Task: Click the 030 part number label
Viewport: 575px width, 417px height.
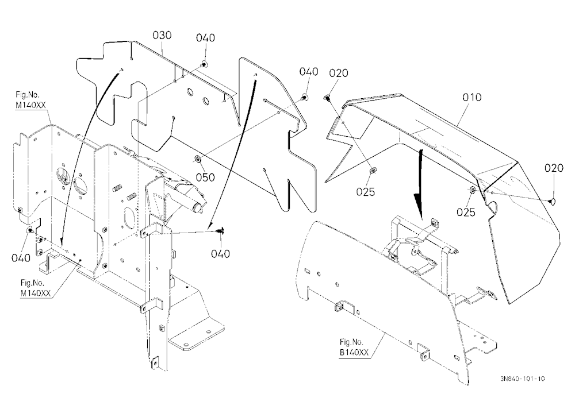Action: [162, 35]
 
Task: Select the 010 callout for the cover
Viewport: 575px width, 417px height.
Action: [472, 98]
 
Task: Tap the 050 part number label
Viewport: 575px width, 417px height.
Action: [205, 177]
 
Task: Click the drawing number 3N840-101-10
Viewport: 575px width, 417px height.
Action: [522, 379]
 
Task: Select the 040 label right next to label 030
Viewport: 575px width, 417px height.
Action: [205, 38]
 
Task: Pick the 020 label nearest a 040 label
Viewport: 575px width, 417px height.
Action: [339, 74]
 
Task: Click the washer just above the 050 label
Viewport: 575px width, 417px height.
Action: [197, 159]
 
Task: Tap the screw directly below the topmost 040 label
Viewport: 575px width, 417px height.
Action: [204, 65]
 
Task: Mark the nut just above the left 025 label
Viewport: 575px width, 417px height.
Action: [373, 170]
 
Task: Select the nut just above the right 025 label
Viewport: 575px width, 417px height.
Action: [472, 190]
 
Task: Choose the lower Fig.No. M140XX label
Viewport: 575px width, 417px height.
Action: [36, 288]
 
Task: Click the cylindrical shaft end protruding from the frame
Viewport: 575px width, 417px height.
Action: [198, 207]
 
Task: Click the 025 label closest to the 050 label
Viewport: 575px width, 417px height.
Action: [366, 192]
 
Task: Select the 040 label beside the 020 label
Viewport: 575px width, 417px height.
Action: [309, 71]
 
